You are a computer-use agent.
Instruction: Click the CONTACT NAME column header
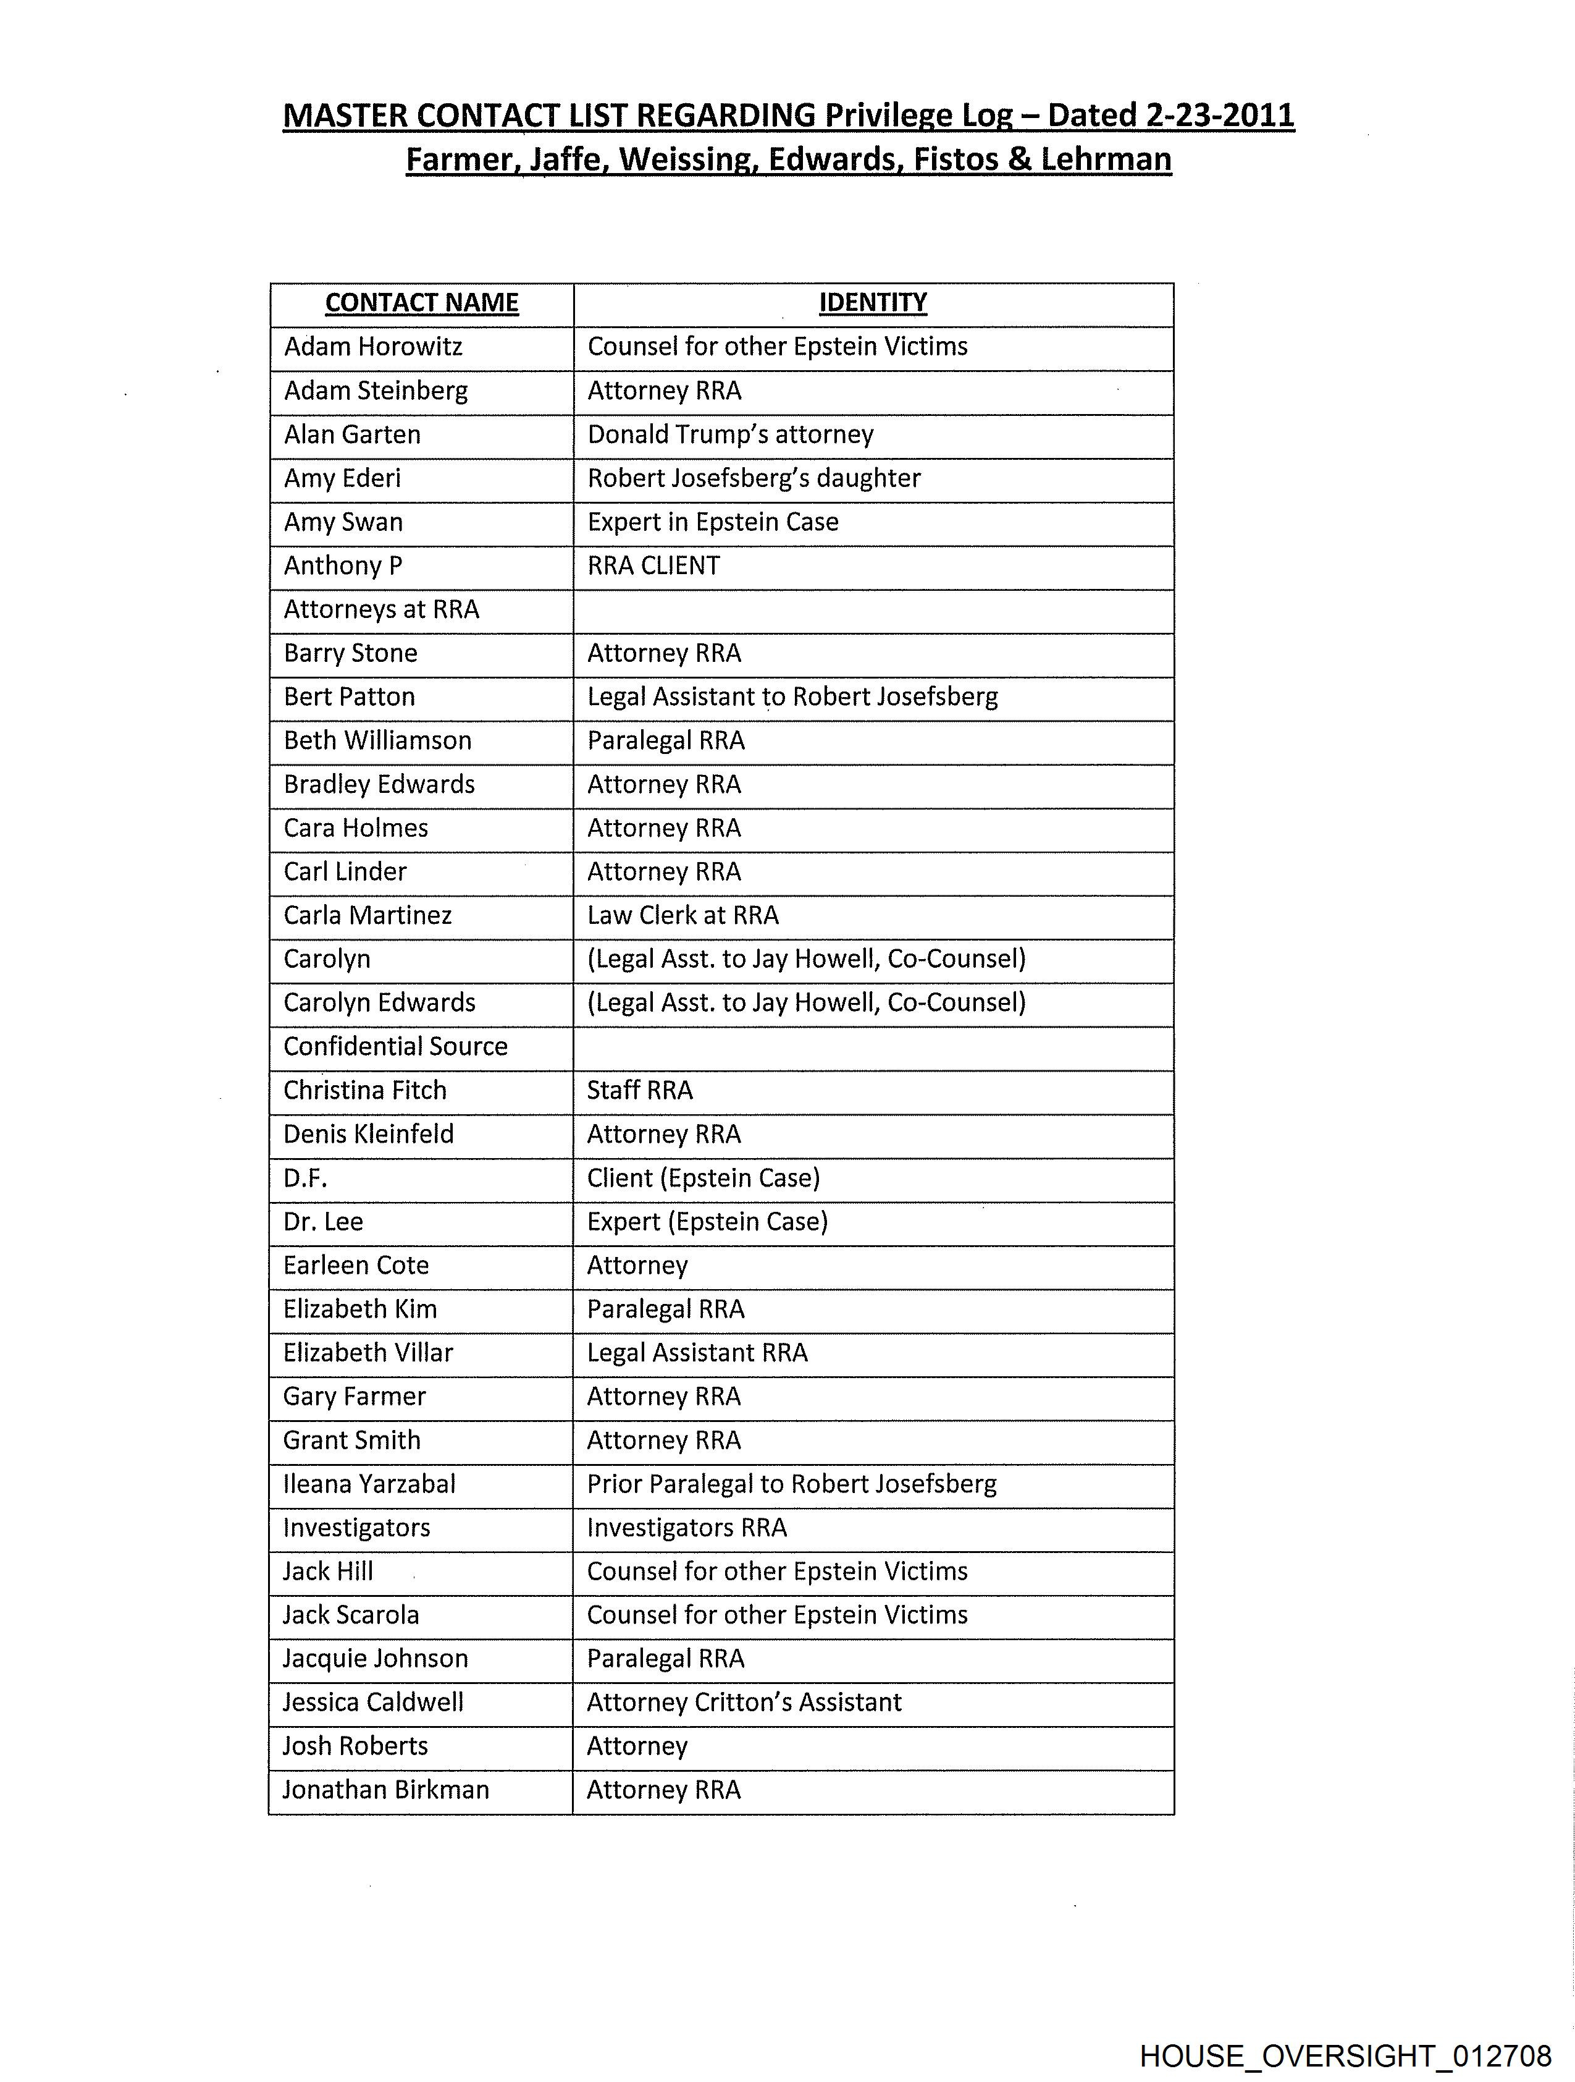click(421, 303)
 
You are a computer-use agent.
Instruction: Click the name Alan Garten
click(352, 435)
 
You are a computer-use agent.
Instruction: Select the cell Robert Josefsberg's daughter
click(754, 478)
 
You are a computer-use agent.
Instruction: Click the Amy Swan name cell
click(343, 522)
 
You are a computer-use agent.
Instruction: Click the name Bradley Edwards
click(379, 785)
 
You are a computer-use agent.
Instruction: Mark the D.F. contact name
click(305, 1179)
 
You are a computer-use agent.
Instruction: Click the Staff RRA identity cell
click(640, 1091)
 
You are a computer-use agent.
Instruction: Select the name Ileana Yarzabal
click(369, 1484)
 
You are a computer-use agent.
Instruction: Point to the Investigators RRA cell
click(687, 1528)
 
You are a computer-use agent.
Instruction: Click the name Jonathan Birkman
click(386, 1790)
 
